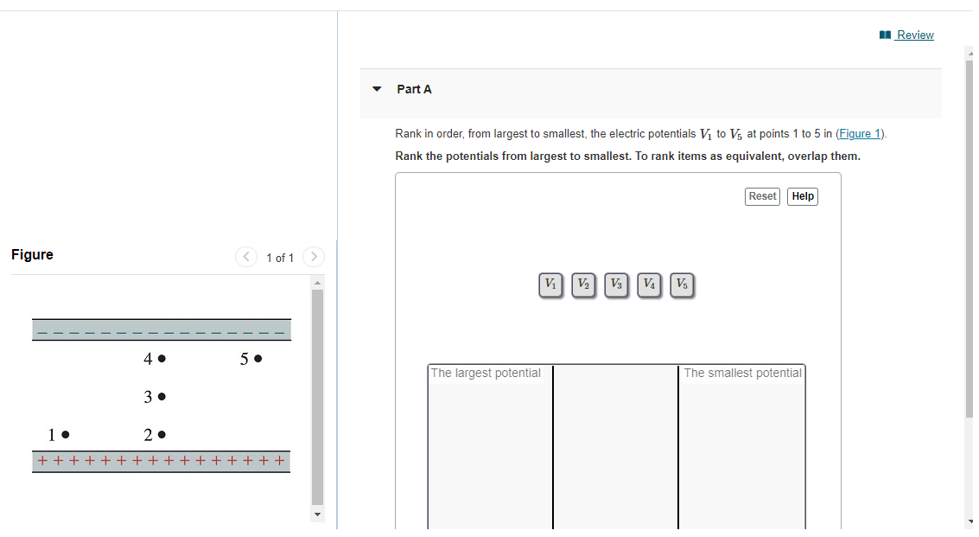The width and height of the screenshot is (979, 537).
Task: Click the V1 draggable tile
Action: pyautogui.click(x=550, y=285)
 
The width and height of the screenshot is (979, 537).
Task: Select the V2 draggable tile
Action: pyautogui.click(x=584, y=285)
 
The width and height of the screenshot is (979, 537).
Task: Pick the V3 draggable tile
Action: pyautogui.click(x=616, y=285)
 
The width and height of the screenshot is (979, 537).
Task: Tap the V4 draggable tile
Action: pyautogui.click(x=649, y=285)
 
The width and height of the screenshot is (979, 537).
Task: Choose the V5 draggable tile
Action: pyautogui.click(x=683, y=285)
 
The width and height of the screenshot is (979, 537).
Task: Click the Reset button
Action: pyautogui.click(x=762, y=196)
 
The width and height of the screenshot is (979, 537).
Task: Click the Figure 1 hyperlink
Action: pyautogui.click(x=860, y=134)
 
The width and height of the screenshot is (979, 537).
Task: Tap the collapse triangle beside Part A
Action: pyautogui.click(x=377, y=89)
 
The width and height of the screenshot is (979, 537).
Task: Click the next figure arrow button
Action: pyautogui.click(x=314, y=257)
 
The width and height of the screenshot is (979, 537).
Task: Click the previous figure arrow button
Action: pyautogui.click(x=246, y=257)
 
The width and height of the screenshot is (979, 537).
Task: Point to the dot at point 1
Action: pyautogui.click(x=66, y=434)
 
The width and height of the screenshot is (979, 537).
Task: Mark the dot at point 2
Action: pyautogui.click(x=162, y=434)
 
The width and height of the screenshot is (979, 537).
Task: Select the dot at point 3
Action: pyautogui.click(x=162, y=396)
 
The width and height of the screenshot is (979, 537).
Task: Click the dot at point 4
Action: pyautogui.click(x=162, y=358)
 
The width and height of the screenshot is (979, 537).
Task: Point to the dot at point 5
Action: pyautogui.click(x=257, y=358)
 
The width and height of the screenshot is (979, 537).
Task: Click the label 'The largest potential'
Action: pyautogui.click(x=486, y=374)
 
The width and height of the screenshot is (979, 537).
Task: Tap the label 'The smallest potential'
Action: pyautogui.click(x=742, y=374)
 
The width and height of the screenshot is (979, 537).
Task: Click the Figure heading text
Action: pyautogui.click(x=32, y=254)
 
